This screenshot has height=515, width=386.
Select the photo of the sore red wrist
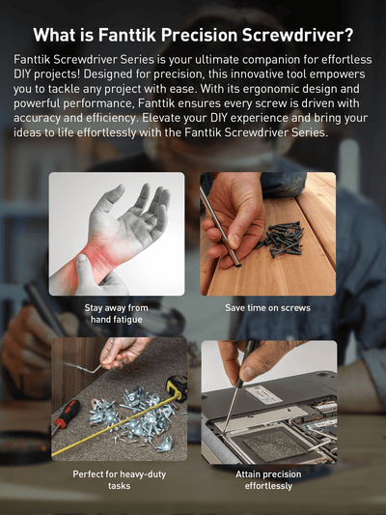pyautogui.click(x=117, y=233)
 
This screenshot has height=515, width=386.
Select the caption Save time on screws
pyautogui.click(x=268, y=308)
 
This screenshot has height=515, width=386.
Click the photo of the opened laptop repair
pyautogui.click(x=268, y=400)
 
